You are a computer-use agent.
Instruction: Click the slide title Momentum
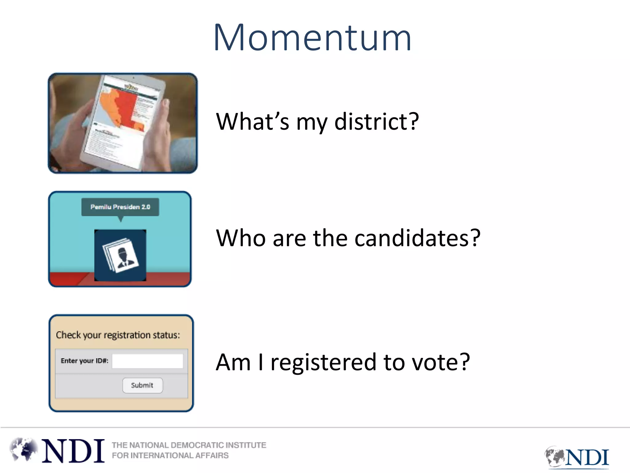[x=312, y=38]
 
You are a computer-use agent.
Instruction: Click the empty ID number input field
[x=147, y=361]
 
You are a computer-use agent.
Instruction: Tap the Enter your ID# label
[x=84, y=361]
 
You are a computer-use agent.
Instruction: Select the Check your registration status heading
[x=118, y=335]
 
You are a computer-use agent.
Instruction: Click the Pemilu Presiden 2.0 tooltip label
[x=120, y=207]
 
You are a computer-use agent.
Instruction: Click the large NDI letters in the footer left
[x=73, y=451]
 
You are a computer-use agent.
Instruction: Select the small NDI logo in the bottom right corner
[x=577, y=457]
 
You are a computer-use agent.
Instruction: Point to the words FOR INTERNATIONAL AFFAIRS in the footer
[x=170, y=455]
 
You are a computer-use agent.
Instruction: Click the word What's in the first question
[x=252, y=122]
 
